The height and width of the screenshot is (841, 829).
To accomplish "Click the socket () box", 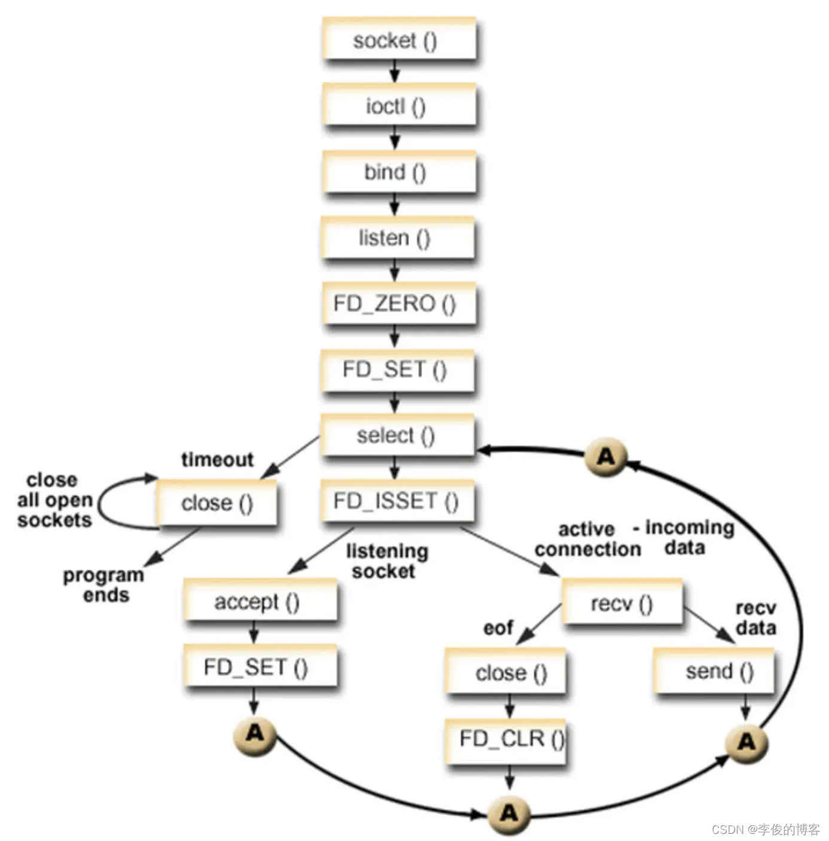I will [x=398, y=39].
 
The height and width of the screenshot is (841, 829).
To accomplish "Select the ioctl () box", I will [x=398, y=106].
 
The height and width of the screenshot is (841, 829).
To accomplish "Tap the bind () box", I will [x=398, y=172].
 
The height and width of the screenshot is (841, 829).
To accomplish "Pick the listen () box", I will [x=397, y=238].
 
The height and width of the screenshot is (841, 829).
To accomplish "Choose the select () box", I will [x=397, y=435].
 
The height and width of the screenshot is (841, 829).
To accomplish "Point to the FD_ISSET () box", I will [x=397, y=501].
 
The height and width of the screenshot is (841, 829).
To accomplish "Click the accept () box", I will [x=260, y=601].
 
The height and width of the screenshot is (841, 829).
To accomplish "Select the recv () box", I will [x=621, y=603].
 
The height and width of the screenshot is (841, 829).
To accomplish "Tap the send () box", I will [x=714, y=671].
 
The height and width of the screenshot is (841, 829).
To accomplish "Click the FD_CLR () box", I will [x=506, y=739].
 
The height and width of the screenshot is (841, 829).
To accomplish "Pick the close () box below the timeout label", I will [x=217, y=503].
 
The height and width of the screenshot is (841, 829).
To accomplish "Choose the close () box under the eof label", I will [x=506, y=672].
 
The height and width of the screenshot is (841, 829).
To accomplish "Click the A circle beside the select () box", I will [x=605, y=457].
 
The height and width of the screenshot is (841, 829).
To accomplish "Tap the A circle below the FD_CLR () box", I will [x=508, y=813].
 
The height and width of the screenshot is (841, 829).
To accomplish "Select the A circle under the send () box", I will [x=746, y=742].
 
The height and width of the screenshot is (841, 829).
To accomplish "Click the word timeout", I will [x=217, y=459].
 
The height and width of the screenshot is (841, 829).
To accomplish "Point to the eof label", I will [x=498, y=628].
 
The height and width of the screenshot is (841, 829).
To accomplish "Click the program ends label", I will [x=104, y=585].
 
